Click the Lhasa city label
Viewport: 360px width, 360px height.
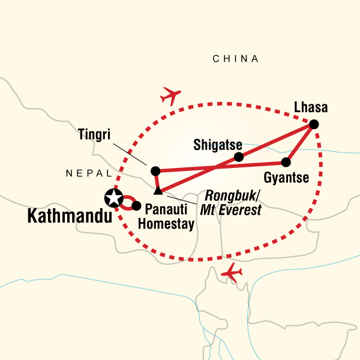(311, 109)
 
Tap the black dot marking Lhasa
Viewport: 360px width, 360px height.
(313, 124)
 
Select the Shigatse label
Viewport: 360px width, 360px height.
(218, 145)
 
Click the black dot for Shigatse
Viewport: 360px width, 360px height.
(239, 157)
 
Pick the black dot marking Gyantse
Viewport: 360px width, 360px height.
(287, 162)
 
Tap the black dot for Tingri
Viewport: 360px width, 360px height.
(155, 170)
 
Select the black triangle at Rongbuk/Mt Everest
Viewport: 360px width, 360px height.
(158, 191)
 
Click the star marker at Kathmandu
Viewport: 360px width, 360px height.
(113, 196)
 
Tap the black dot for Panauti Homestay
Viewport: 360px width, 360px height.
(136, 206)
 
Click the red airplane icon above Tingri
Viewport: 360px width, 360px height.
(171, 95)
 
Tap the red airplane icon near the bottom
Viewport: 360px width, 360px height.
(232, 274)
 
